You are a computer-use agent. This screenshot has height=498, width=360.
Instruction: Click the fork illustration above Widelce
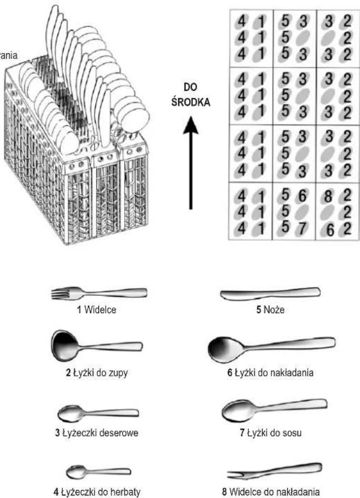pyautogui.click(x=99, y=293)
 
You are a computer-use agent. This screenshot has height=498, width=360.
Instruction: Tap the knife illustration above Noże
pyautogui.click(x=270, y=293)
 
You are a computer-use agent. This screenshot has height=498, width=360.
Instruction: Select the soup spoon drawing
pyautogui.click(x=96, y=346)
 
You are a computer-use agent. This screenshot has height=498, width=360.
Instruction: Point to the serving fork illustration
pyautogui.click(x=275, y=471)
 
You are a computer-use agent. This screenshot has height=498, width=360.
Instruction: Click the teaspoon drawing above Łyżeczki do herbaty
pyautogui.click(x=99, y=472)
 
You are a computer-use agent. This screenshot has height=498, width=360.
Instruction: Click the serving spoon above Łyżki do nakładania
pyautogui.click(x=271, y=349)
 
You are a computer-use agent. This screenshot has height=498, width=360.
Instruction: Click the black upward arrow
pyautogui.click(x=191, y=163)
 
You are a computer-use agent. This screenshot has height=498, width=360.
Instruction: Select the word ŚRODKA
pyautogui.click(x=191, y=103)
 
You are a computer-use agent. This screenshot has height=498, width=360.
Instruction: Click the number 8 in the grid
pyautogui.click(x=328, y=196)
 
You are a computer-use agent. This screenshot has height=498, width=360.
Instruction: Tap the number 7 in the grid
pyautogui.click(x=301, y=229)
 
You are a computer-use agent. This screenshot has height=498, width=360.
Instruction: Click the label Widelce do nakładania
pyautogui.click(x=271, y=492)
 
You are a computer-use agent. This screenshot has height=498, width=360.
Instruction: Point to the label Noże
pyautogui.click(x=270, y=309)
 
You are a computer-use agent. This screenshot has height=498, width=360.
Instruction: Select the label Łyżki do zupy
pyautogui.click(x=97, y=372)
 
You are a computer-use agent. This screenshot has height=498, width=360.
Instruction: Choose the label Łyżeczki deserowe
pyautogui.click(x=96, y=433)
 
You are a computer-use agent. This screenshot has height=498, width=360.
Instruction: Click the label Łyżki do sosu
pyautogui.click(x=270, y=433)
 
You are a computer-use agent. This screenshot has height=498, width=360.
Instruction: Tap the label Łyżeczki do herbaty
pyautogui.click(x=97, y=492)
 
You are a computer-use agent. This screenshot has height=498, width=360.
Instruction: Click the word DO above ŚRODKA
pyautogui.click(x=190, y=87)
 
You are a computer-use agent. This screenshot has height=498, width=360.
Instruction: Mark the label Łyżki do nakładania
pyautogui.click(x=270, y=372)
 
